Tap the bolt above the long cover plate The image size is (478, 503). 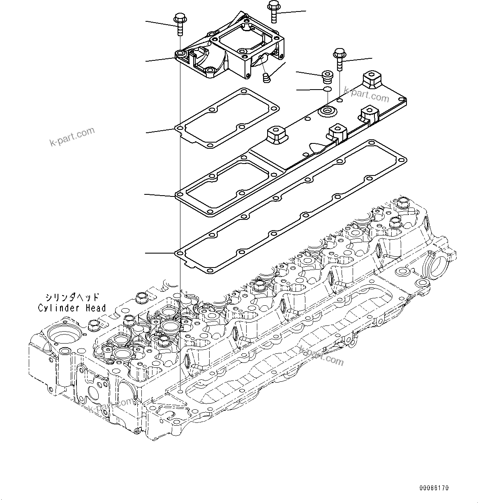339,59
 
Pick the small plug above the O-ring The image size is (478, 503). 327,76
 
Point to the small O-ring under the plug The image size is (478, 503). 327,90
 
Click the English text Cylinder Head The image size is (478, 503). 72,308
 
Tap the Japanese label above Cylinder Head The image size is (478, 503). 72,297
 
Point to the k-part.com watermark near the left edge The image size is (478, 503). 72,136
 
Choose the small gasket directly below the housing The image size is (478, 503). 227,119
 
